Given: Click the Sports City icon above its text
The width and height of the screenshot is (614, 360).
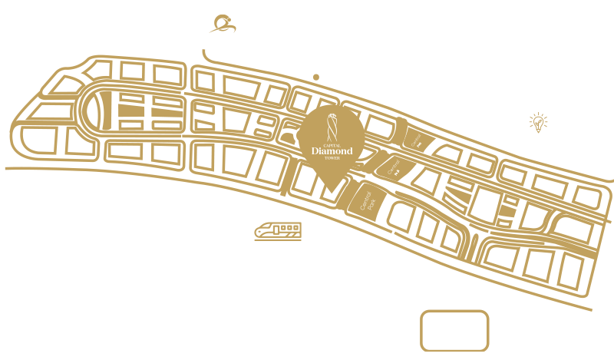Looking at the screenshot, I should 222,23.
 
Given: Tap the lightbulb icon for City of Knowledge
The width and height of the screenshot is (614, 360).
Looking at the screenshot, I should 536,123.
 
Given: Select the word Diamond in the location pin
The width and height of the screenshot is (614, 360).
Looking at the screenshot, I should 332,151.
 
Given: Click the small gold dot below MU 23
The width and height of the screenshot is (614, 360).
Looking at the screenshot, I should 316,77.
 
